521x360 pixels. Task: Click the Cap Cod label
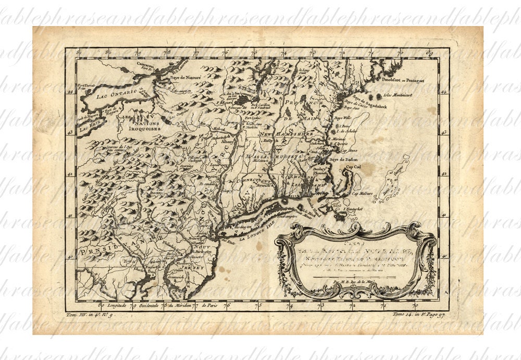[x=355, y=167]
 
